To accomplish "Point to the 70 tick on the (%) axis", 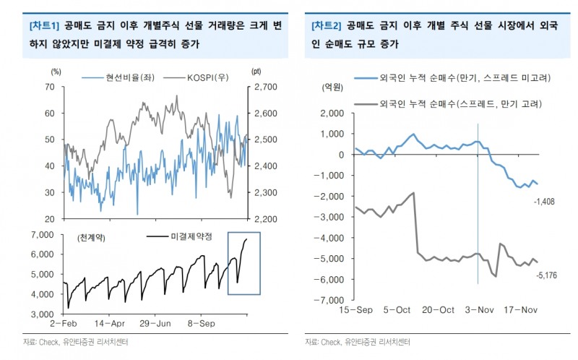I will pos(50,87).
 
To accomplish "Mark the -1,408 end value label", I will pos(545,201).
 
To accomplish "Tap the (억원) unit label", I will pos(333,87).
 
